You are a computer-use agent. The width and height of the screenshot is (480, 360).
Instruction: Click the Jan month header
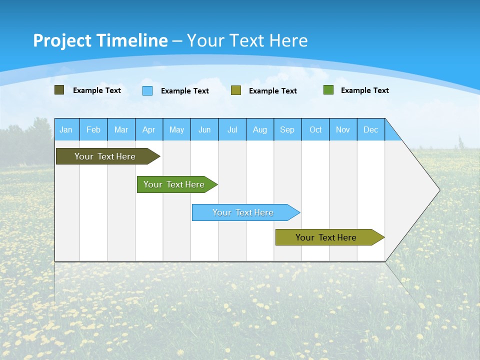coord(66,129)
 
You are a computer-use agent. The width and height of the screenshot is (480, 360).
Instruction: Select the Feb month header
coord(93,129)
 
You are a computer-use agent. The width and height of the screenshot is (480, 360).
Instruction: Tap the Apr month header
coord(149,129)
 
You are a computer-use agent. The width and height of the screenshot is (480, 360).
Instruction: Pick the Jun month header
coord(204,129)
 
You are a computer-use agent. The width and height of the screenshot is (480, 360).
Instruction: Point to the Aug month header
coord(260,129)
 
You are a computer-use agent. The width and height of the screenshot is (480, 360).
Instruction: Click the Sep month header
coord(287,129)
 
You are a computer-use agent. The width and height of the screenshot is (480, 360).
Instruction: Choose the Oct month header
coord(315,129)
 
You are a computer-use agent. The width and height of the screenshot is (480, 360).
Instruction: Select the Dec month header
coord(371,129)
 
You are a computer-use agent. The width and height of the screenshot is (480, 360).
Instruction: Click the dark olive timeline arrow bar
coord(105,156)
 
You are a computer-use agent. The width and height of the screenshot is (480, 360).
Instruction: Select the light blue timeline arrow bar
coord(243,212)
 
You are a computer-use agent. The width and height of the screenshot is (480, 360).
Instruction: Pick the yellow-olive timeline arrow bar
coord(326,237)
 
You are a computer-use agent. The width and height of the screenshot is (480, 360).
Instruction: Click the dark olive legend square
coord(59,90)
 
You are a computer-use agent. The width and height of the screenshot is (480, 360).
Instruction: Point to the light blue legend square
coord(147,90)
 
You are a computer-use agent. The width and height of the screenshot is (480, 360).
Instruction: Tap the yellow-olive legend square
coord(236,90)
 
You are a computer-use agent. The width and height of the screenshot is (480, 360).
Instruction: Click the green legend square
coord(328,90)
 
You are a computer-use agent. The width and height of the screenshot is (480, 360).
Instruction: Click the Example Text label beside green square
coord(364,90)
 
